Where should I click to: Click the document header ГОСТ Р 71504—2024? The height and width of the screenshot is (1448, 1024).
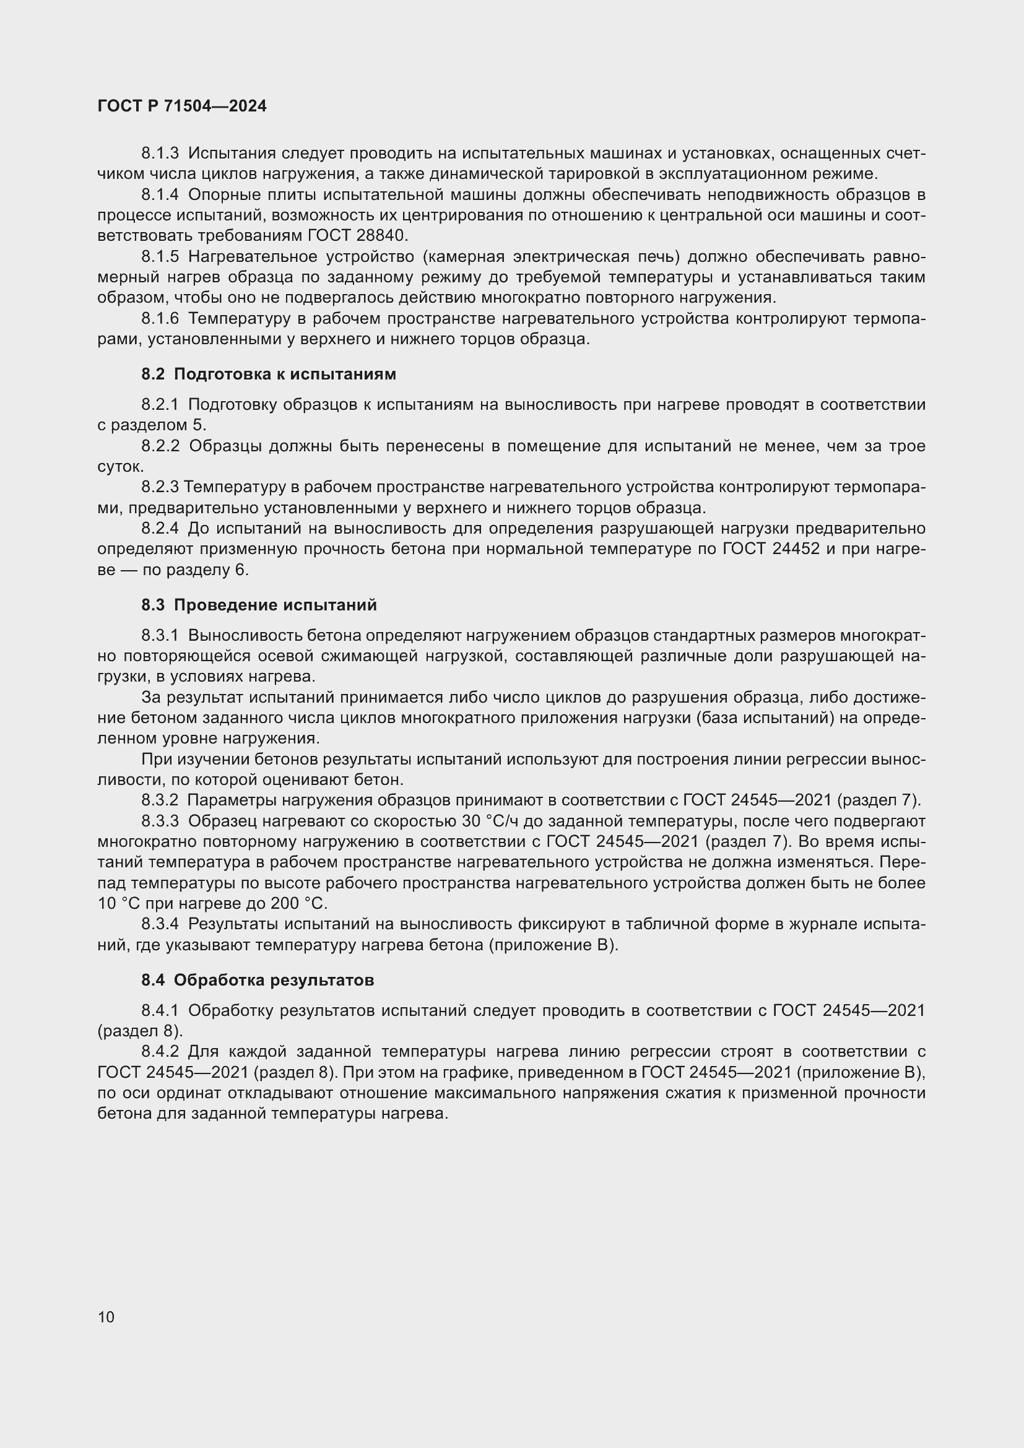click(181, 106)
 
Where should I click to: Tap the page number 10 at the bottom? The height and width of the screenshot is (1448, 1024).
click(106, 1317)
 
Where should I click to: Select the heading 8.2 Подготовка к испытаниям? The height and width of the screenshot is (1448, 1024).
click(269, 374)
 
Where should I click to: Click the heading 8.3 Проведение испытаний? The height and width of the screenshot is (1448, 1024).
click(259, 605)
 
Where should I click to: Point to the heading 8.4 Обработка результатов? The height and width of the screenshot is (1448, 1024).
click(258, 980)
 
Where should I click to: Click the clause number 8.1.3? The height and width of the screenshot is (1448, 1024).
click(160, 154)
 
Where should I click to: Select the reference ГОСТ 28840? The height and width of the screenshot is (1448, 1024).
click(357, 236)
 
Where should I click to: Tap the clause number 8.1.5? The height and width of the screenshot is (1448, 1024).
click(160, 257)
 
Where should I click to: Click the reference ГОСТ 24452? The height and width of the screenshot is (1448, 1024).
click(771, 548)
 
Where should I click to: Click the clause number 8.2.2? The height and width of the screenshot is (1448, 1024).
click(160, 446)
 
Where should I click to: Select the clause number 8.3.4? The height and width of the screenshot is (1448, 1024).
click(160, 924)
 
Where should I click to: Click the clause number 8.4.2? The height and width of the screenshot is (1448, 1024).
click(160, 1051)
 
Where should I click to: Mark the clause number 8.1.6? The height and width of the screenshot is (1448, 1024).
click(160, 318)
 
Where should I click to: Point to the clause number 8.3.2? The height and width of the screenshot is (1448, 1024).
click(160, 800)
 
